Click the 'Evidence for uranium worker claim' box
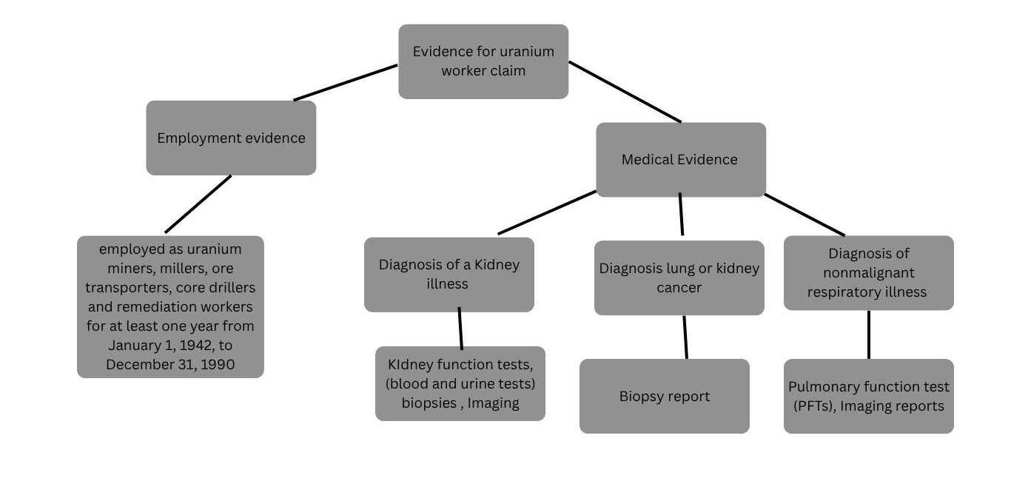(x=483, y=61)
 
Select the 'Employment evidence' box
(x=231, y=138)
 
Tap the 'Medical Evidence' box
(x=680, y=159)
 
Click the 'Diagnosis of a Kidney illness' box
(x=449, y=274)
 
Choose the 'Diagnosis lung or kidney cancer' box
(x=679, y=277)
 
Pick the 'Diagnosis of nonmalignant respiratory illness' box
(x=868, y=272)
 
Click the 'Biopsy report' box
(x=664, y=396)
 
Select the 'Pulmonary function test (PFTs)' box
(x=868, y=396)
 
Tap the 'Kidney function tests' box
(x=460, y=383)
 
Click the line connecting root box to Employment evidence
(x=345, y=82)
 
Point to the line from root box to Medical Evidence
(x=625, y=92)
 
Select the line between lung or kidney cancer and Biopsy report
(x=685, y=337)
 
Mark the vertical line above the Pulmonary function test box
(x=868, y=334)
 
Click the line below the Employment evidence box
(x=198, y=204)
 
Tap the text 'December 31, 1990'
(x=170, y=364)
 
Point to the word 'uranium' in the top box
(x=527, y=52)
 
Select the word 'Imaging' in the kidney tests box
(x=493, y=403)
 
